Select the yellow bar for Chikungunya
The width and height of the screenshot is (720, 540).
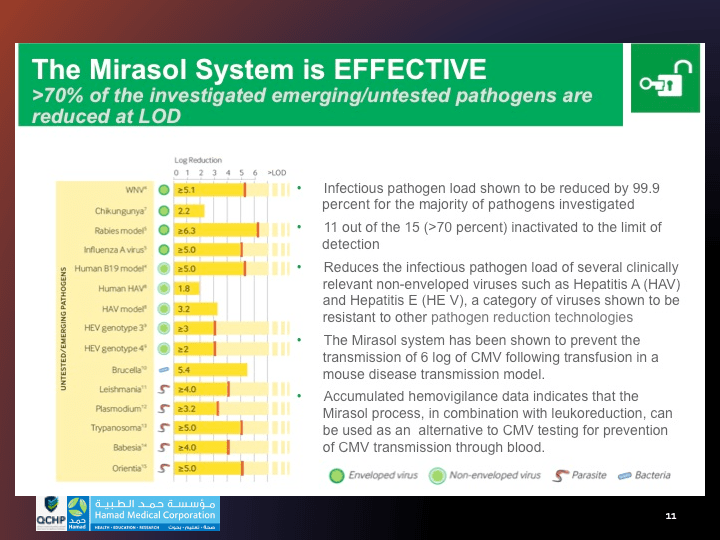[x=190, y=211]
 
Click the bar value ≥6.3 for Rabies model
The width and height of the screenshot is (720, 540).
[x=188, y=230]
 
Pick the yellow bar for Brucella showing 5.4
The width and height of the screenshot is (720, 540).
[x=213, y=369]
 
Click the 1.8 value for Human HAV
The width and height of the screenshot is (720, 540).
[x=184, y=288]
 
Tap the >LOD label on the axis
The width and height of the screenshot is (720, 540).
[x=278, y=172]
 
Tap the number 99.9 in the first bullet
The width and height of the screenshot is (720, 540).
[x=646, y=188]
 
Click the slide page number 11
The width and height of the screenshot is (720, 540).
[x=670, y=515]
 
